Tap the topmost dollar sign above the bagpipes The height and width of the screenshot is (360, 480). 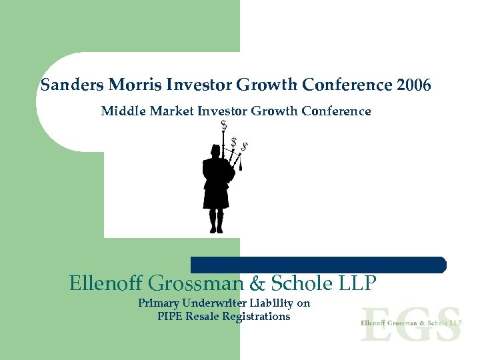pos(223,125)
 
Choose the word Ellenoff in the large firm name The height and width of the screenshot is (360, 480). pos(106,284)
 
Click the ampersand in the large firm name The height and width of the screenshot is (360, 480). pos(257,284)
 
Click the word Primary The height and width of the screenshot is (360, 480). pos(159,303)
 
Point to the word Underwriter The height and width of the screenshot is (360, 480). pos(216,303)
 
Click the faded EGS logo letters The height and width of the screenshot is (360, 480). pos(411,323)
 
